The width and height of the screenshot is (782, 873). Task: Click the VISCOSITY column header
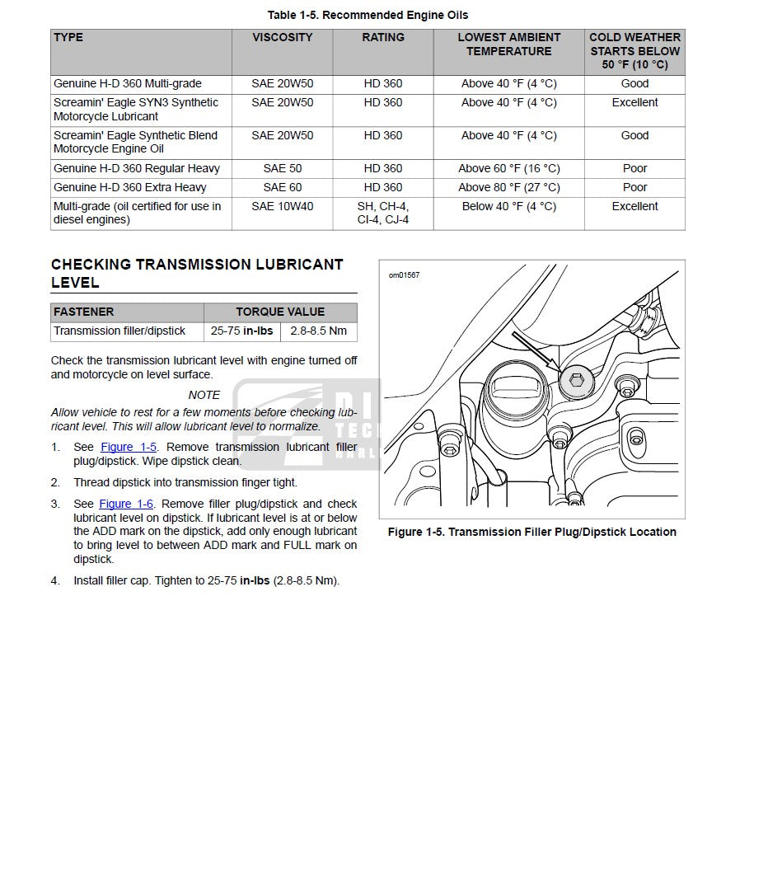point(282,38)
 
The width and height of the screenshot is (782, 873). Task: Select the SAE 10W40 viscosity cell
point(282,207)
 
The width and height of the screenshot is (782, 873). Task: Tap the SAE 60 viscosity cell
point(282,188)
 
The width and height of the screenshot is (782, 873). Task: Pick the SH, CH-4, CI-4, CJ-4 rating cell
point(383,213)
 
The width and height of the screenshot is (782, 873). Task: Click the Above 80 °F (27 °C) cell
point(508,188)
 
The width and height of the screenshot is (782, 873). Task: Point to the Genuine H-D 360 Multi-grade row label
point(128,84)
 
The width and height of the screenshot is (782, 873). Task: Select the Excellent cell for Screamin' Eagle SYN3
point(634,103)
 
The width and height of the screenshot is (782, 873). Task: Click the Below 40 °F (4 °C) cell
point(508,207)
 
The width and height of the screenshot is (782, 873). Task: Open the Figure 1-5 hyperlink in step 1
point(129,448)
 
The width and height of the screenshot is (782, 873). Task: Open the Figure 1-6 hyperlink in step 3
point(126,505)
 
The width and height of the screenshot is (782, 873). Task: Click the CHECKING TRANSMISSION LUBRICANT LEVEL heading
point(197,274)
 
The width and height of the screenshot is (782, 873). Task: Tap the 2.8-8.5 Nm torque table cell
point(318,331)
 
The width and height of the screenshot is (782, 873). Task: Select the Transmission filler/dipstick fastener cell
point(119,331)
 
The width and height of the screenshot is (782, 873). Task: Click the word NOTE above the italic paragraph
point(204,396)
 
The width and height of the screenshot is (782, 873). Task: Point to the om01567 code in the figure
point(404,275)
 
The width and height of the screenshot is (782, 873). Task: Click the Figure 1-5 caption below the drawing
point(531,533)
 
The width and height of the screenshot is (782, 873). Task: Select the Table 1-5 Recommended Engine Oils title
point(368,16)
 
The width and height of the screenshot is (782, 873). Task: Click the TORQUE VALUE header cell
point(280,312)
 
